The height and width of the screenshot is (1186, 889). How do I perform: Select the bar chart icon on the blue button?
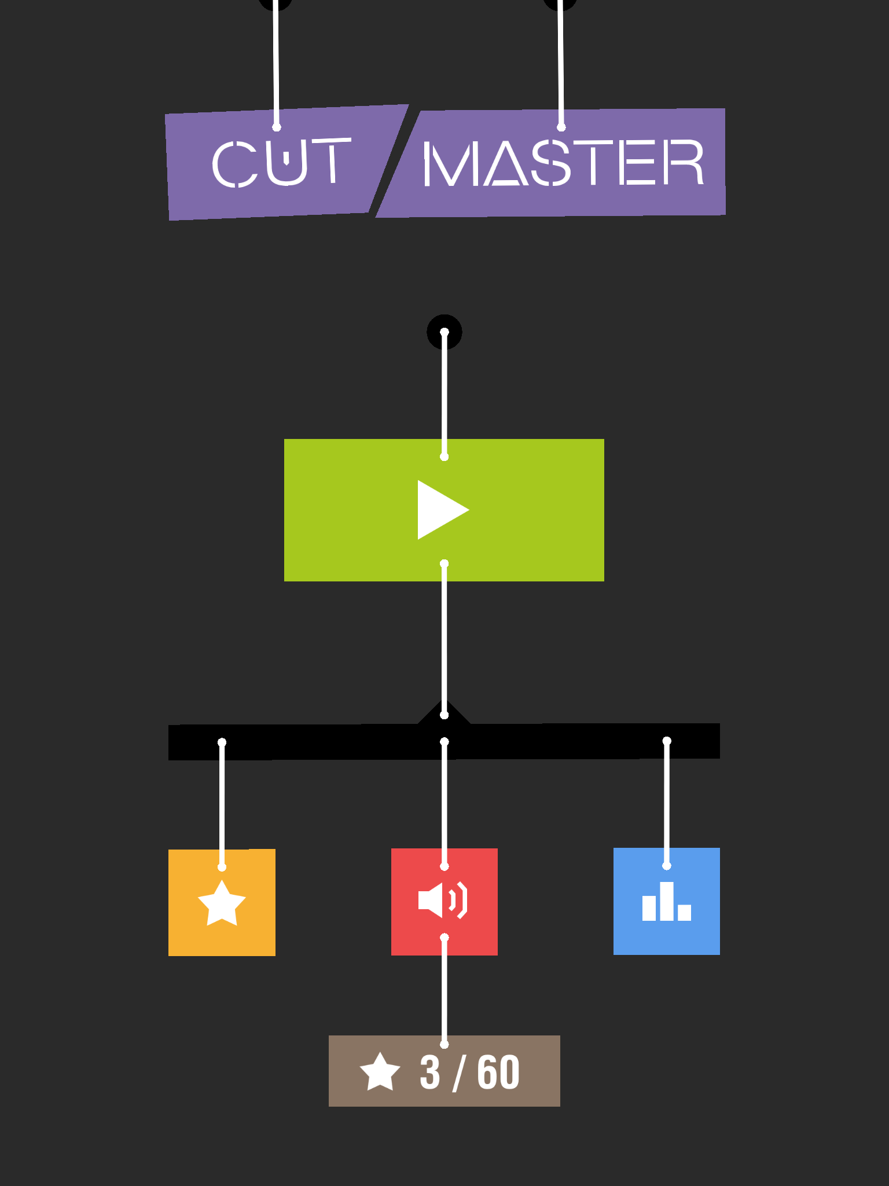pyautogui.click(x=667, y=901)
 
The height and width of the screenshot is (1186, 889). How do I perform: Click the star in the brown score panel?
pyautogui.click(x=380, y=1071)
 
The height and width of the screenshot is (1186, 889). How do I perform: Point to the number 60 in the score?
pyautogui.click(x=498, y=1072)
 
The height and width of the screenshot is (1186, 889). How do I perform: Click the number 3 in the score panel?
pyautogui.click(x=430, y=1072)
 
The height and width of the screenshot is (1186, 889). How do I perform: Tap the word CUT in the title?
pyautogui.click(x=282, y=163)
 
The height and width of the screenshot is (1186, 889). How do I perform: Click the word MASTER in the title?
pyautogui.click(x=564, y=163)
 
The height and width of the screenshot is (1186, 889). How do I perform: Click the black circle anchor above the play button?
pyautogui.click(x=444, y=332)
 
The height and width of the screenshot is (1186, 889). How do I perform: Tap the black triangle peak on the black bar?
pyautogui.click(x=444, y=701)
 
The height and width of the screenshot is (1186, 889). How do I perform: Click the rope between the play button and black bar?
pyautogui.click(x=444, y=639)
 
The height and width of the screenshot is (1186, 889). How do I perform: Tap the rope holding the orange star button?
pyautogui.click(x=222, y=804)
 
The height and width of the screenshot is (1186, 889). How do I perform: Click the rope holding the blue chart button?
pyautogui.click(x=667, y=803)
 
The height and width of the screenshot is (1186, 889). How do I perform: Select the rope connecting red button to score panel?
pyautogui.click(x=444, y=991)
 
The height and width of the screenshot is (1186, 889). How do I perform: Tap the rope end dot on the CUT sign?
pyautogui.click(x=277, y=127)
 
